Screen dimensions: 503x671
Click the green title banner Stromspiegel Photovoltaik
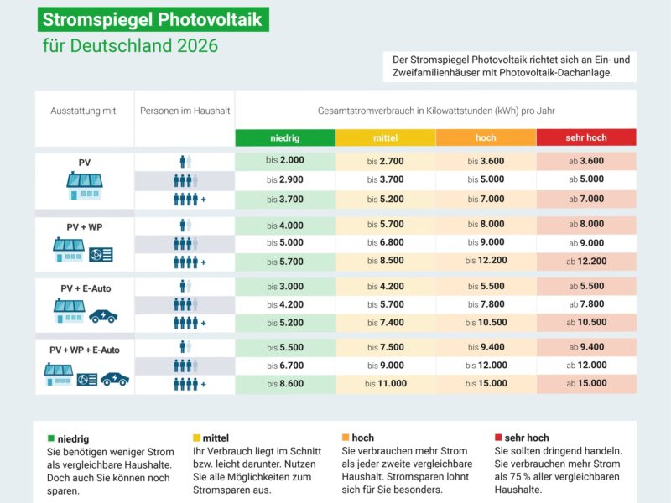click(x=153, y=18)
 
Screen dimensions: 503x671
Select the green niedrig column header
click(x=285, y=137)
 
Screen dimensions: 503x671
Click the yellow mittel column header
click(x=385, y=137)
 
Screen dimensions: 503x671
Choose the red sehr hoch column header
click(x=586, y=137)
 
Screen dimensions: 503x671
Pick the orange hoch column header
click(x=486, y=137)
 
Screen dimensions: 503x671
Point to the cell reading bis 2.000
click(x=285, y=160)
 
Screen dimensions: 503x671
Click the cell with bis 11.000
click(x=385, y=384)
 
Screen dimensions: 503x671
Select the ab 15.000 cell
click(x=586, y=384)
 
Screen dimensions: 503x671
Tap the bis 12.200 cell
click(x=486, y=262)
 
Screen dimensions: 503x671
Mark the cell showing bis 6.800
click(x=385, y=243)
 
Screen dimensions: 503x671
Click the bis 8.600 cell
click(x=285, y=384)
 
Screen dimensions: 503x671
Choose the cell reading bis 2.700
click(x=385, y=160)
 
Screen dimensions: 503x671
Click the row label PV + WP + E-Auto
click(x=85, y=350)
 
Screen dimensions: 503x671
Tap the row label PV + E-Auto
click(x=85, y=288)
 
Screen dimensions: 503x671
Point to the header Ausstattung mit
click(x=83, y=111)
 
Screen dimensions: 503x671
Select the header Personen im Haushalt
click(x=185, y=111)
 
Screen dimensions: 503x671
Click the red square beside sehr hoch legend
click(x=497, y=438)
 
